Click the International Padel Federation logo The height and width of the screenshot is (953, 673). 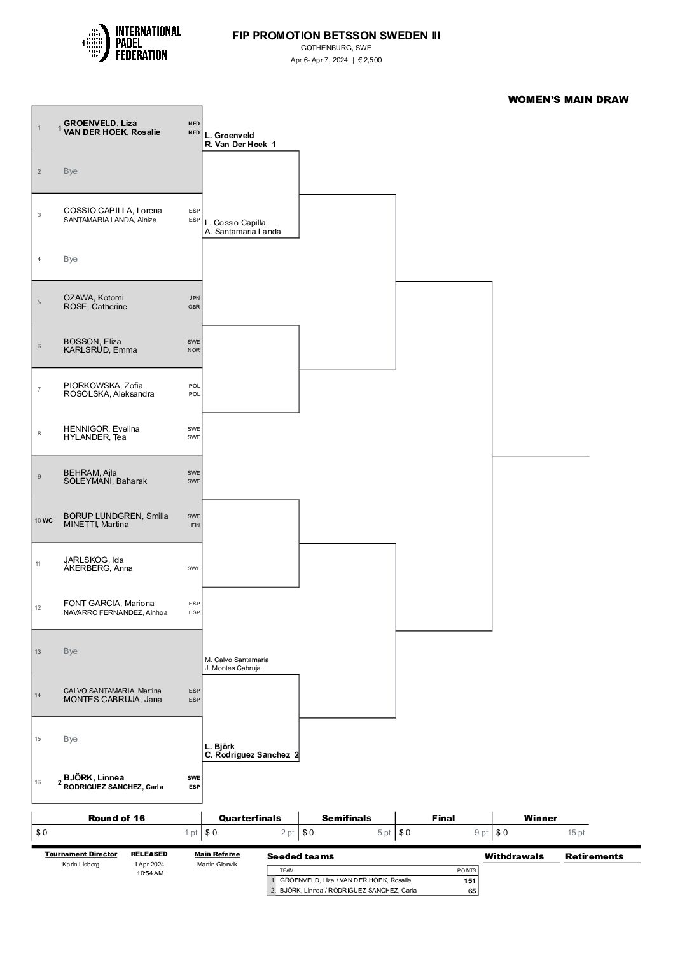[x=132, y=43]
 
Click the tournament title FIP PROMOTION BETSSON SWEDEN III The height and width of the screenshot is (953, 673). [x=336, y=36]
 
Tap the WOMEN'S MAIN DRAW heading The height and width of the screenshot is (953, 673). [x=568, y=99]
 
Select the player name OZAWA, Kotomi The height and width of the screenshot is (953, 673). [x=94, y=298]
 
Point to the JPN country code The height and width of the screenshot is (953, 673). [x=194, y=298]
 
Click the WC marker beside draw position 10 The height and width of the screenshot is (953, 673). [x=48, y=520]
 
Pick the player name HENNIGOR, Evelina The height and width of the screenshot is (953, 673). [x=102, y=429]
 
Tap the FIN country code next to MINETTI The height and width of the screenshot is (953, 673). [x=195, y=525]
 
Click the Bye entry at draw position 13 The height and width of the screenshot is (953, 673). [x=71, y=651]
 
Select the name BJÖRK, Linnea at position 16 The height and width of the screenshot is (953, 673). [x=94, y=778]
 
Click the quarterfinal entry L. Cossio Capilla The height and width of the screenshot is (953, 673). [x=235, y=223]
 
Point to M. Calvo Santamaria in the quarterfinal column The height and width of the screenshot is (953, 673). [x=237, y=660]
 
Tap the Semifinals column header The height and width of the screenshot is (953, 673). [x=347, y=818]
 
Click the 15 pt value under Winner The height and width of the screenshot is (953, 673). [x=576, y=833]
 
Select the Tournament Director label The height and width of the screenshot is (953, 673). [x=81, y=854]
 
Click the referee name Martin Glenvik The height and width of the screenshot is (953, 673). [x=218, y=864]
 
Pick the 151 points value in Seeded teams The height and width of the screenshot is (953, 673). [x=470, y=880]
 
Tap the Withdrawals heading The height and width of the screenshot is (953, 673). [x=514, y=856]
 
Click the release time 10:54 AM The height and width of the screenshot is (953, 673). [x=150, y=873]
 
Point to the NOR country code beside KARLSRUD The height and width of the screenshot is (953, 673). [x=194, y=350]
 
